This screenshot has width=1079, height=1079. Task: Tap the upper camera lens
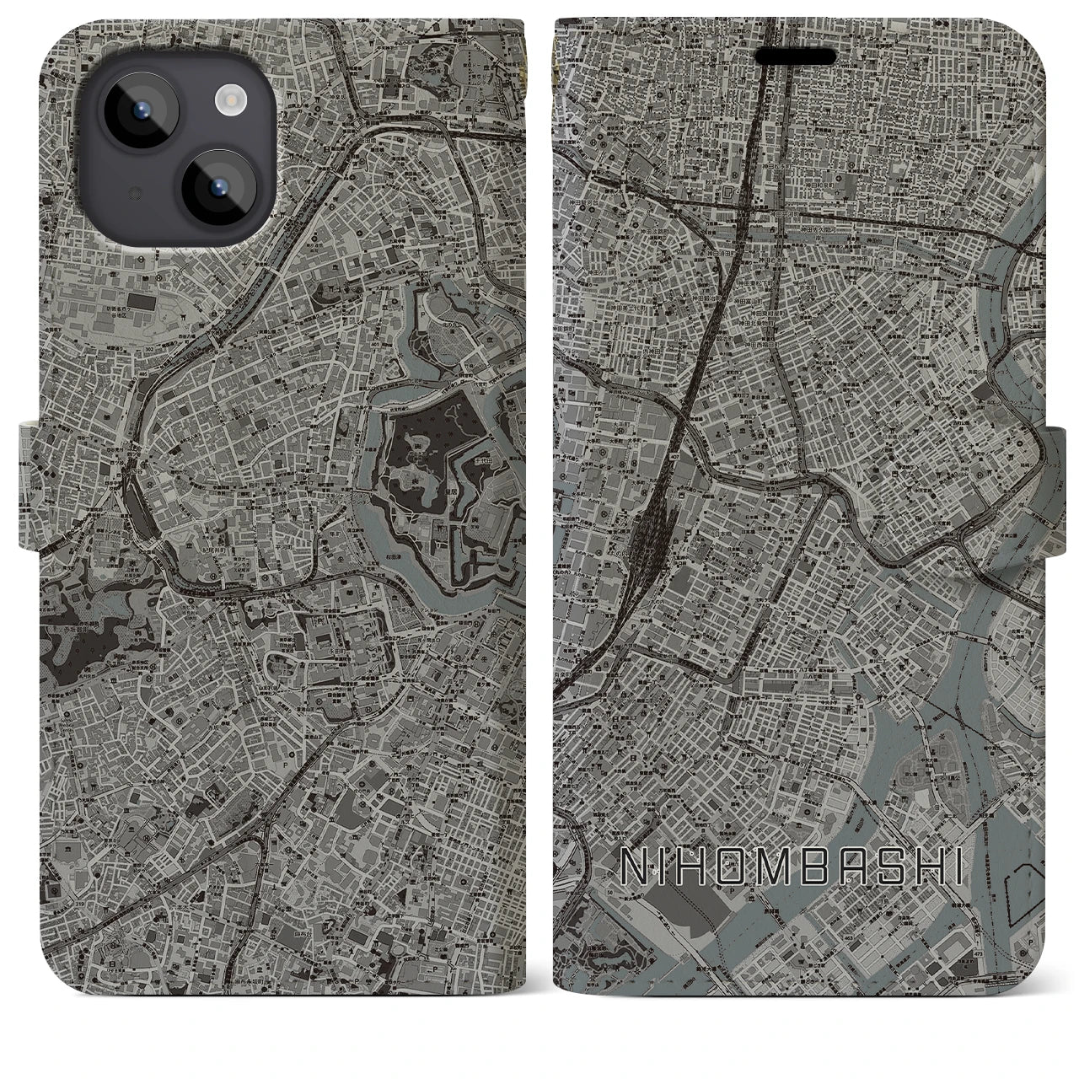pos(141,112)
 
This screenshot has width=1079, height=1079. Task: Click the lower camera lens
pos(215,187)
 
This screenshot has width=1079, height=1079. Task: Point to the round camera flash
pos(229,102)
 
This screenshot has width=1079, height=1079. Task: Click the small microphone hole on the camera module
pos(133,193)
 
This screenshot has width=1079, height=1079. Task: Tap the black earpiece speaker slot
pos(795,56)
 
